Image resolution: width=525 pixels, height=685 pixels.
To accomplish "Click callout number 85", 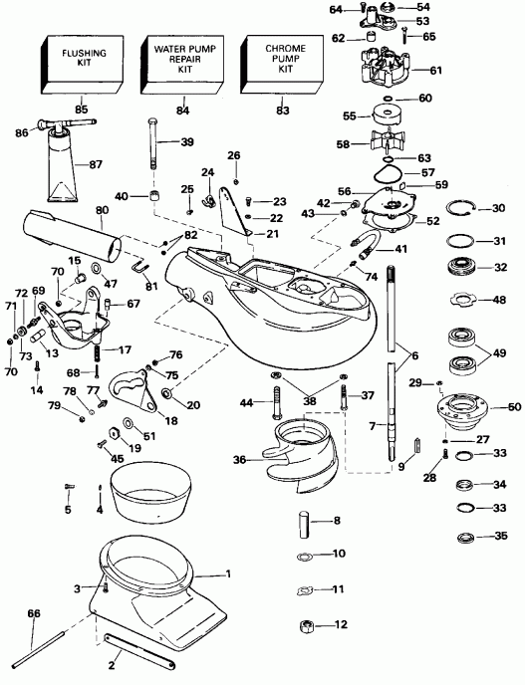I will coord(82,110).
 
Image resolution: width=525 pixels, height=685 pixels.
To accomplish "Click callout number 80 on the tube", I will coord(101,211).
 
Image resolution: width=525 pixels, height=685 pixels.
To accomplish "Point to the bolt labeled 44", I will coord(279,403).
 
